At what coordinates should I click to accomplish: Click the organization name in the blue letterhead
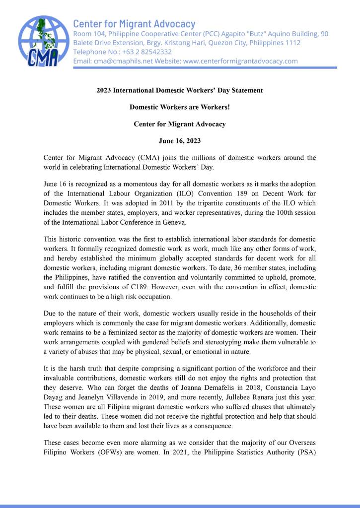click(134, 23)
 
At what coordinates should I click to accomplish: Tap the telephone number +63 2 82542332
click(146, 52)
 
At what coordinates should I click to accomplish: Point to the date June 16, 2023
click(180, 141)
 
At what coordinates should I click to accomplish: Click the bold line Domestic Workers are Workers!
click(180, 107)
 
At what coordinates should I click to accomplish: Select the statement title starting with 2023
click(180, 90)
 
